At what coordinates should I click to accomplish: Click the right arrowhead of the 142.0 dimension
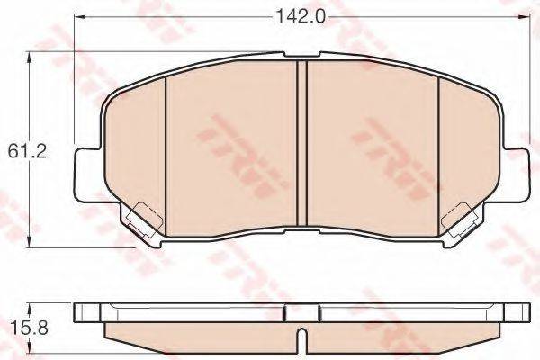[522, 16]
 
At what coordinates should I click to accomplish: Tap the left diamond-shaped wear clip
[139, 218]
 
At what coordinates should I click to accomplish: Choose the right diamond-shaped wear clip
[461, 218]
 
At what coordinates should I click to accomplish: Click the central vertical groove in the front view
[301, 144]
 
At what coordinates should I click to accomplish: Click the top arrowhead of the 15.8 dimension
[34, 306]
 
